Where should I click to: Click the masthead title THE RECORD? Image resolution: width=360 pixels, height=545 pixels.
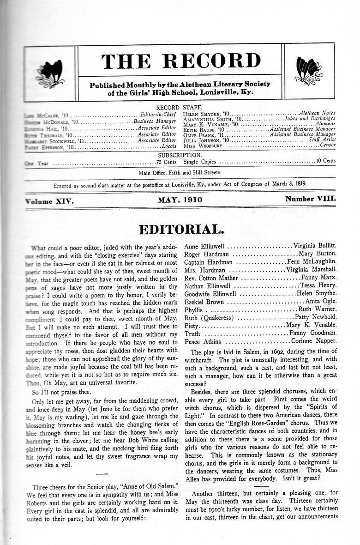tap(181, 61)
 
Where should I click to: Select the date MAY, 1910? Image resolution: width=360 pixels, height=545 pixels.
tap(180, 200)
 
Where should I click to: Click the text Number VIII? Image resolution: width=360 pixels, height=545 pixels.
tap(310, 200)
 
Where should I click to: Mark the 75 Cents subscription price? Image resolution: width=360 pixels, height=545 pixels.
tap(166, 163)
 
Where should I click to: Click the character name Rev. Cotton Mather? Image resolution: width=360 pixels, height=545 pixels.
tap(211, 278)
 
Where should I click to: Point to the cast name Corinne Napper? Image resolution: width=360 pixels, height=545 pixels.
tap(314, 342)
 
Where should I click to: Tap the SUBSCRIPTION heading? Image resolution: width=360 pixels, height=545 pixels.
tap(180, 155)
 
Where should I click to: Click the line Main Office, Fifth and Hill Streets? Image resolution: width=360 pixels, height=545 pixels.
tap(180, 173)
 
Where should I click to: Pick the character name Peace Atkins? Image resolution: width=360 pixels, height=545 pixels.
tap(203, 342)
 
